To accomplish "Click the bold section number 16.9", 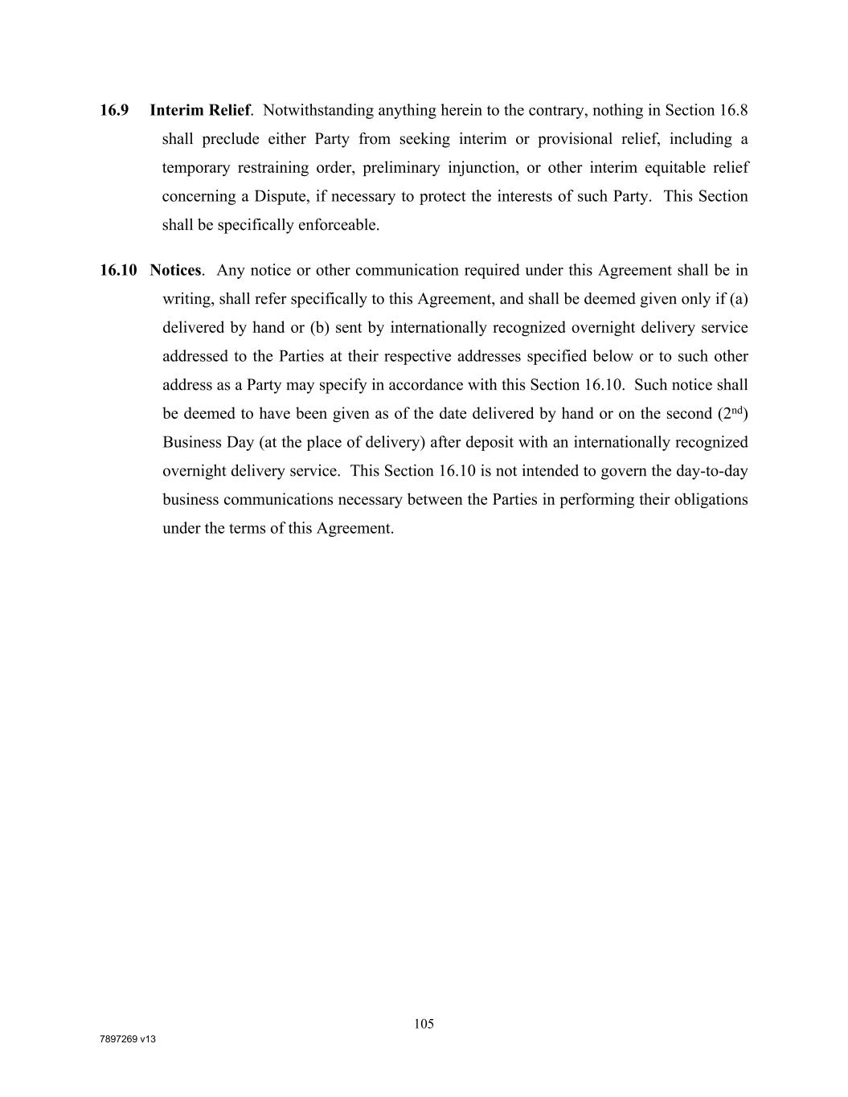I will [x=114, y=110].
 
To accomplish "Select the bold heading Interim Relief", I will [x=199, y=110].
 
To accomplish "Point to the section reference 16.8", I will [x=733, y=110].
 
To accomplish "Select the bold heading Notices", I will [x=175, y=270].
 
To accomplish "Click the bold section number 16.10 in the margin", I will [x=118, y=270].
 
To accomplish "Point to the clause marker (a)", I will [x=739, y=299].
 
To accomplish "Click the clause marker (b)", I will [x=320, y=328].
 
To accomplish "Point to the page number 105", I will [x=424, y=1024].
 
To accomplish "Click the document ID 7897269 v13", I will [x=127, y=1039].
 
